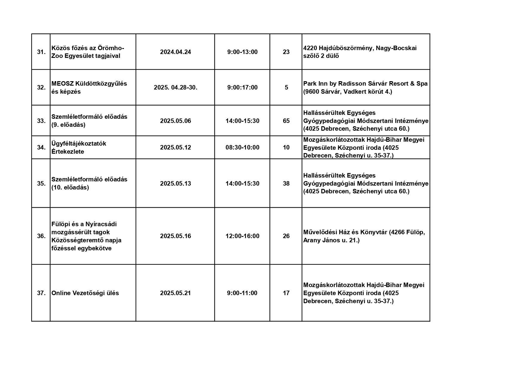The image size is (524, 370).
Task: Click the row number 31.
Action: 41,52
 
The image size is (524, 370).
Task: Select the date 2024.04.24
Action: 175,52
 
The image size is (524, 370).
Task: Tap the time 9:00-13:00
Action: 242,52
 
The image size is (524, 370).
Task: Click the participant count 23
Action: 286,52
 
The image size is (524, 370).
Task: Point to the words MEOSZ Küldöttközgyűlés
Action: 89,84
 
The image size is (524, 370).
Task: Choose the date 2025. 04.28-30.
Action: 175,87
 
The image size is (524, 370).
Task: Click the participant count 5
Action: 286,87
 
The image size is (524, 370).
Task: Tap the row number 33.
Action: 41,121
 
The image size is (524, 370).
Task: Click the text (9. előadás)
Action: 68,125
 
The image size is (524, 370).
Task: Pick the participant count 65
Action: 286,121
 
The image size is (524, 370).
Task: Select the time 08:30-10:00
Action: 242,147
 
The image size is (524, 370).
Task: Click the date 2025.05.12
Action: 175,147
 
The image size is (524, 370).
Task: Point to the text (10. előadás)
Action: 70,187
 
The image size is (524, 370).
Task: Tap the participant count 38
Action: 286,184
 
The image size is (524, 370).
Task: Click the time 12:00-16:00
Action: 242,236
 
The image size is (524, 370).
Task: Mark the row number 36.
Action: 41,236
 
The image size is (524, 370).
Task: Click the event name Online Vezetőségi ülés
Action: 85,293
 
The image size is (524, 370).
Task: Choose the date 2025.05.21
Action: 175,293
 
